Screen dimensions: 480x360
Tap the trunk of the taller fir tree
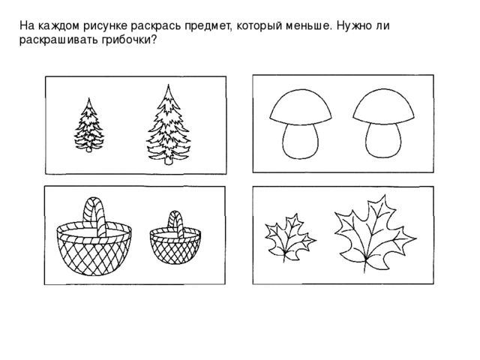168,161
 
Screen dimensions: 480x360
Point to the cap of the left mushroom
301,107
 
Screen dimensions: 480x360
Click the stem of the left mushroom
300,142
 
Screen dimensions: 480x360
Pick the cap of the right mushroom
383,106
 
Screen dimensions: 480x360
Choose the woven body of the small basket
175,247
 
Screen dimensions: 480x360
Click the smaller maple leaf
289,236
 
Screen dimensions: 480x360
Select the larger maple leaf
374,232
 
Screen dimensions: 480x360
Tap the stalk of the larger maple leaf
365,265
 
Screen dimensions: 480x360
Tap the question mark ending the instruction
153,39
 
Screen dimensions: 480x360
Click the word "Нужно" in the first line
354,25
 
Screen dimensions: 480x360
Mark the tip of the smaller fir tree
89,98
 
